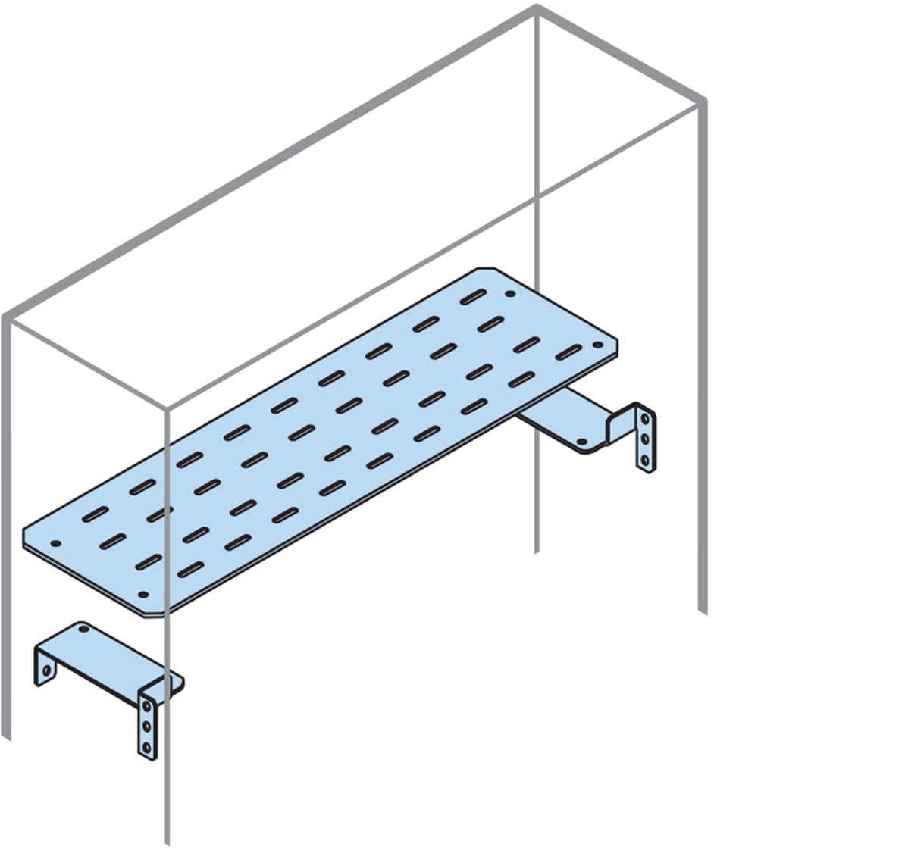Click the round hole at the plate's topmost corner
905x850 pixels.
click(510, 294)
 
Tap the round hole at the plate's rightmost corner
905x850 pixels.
click(597, 345)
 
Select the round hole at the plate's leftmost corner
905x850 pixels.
click(55, 543)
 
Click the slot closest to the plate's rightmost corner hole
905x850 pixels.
click(568, 354)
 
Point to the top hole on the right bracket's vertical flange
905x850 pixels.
click(645, 418)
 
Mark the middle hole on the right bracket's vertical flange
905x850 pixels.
click(645, 438)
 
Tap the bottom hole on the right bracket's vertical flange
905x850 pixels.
click(645, 458)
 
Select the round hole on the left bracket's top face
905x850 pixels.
click(83, 628)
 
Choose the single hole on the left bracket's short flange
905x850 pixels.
click(46, 670)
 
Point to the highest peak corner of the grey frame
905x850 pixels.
click(537, 9)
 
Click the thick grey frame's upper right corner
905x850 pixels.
click(703, 101)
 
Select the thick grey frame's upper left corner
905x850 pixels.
click(6, 314)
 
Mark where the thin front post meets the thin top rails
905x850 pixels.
click(168, 409)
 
